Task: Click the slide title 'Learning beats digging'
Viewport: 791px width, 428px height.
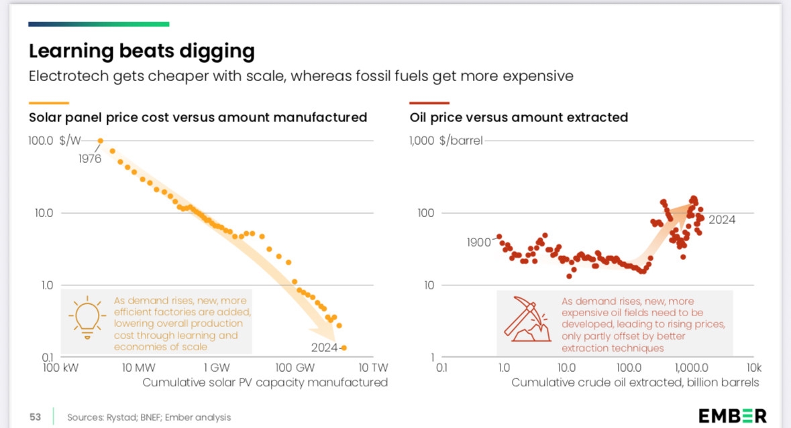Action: coord(142,51)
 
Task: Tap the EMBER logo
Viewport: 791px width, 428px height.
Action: coord(732,416)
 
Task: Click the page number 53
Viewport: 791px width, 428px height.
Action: coord(35,417)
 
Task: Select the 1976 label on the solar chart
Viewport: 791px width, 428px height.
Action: coord(89,159)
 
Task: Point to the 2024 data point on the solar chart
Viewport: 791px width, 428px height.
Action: coord(344,348)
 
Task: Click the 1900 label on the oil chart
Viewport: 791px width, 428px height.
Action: coord(479,242)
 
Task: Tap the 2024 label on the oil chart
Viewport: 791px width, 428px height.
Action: coord(722,219)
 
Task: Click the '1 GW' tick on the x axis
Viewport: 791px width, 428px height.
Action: coord(215,367)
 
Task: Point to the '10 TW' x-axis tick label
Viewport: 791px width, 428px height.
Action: coord(373,367)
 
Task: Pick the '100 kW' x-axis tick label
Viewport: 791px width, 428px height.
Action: coord(60,367)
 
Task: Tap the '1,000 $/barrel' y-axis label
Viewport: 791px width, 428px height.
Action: coord(445,141)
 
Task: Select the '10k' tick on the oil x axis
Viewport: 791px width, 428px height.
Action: coord(753,367)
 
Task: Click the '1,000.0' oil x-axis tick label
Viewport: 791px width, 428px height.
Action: coord(692,367)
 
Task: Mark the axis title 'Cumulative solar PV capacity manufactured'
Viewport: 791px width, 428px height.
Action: coord(265,382)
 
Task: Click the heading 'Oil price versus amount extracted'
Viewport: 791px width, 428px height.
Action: coord(519,117)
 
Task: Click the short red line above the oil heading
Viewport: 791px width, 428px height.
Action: coord(429,103)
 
